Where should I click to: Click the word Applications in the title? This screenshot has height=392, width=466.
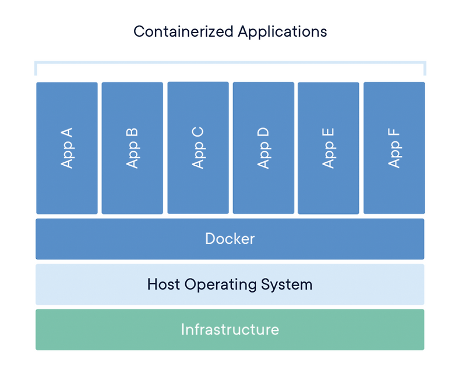coord(283,32)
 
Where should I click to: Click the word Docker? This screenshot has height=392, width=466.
coord(230,238)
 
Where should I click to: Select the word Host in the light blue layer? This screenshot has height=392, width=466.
coord(164,284)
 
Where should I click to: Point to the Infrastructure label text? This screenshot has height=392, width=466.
coord(230,330)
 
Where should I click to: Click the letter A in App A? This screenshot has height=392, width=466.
coord(67,131)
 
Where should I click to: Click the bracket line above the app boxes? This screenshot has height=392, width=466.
coord(230,62)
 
